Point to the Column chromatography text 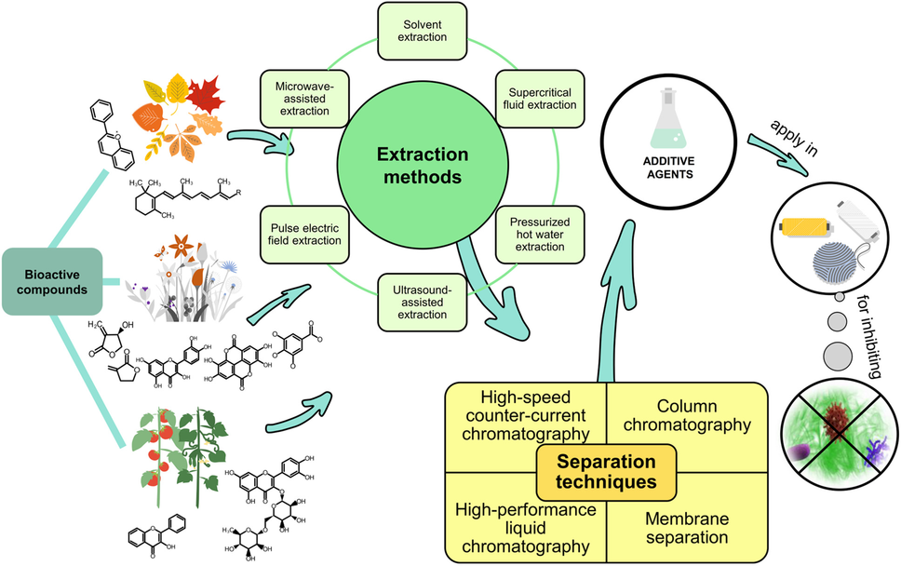tap(690, 416)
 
